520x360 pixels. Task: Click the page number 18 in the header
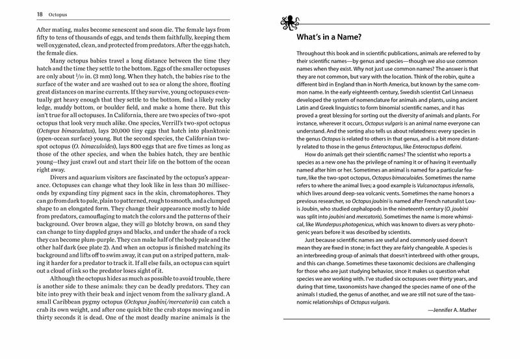pos(21,12)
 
